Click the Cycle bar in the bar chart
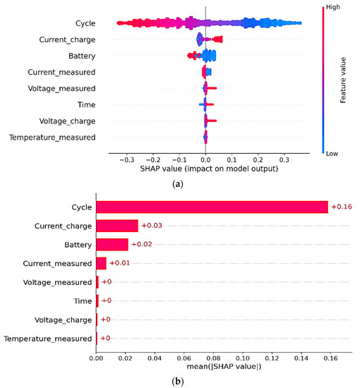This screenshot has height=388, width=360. tap(212, 207)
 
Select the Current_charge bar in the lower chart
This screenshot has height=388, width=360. tap(117, 226)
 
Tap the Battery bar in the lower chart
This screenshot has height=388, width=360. tap(112, 244)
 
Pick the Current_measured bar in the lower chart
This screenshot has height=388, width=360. tap(101, 263)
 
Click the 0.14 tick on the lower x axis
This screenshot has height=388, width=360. tap(301, 358)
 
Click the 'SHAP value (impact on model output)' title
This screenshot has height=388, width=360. tap(205, 171)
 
